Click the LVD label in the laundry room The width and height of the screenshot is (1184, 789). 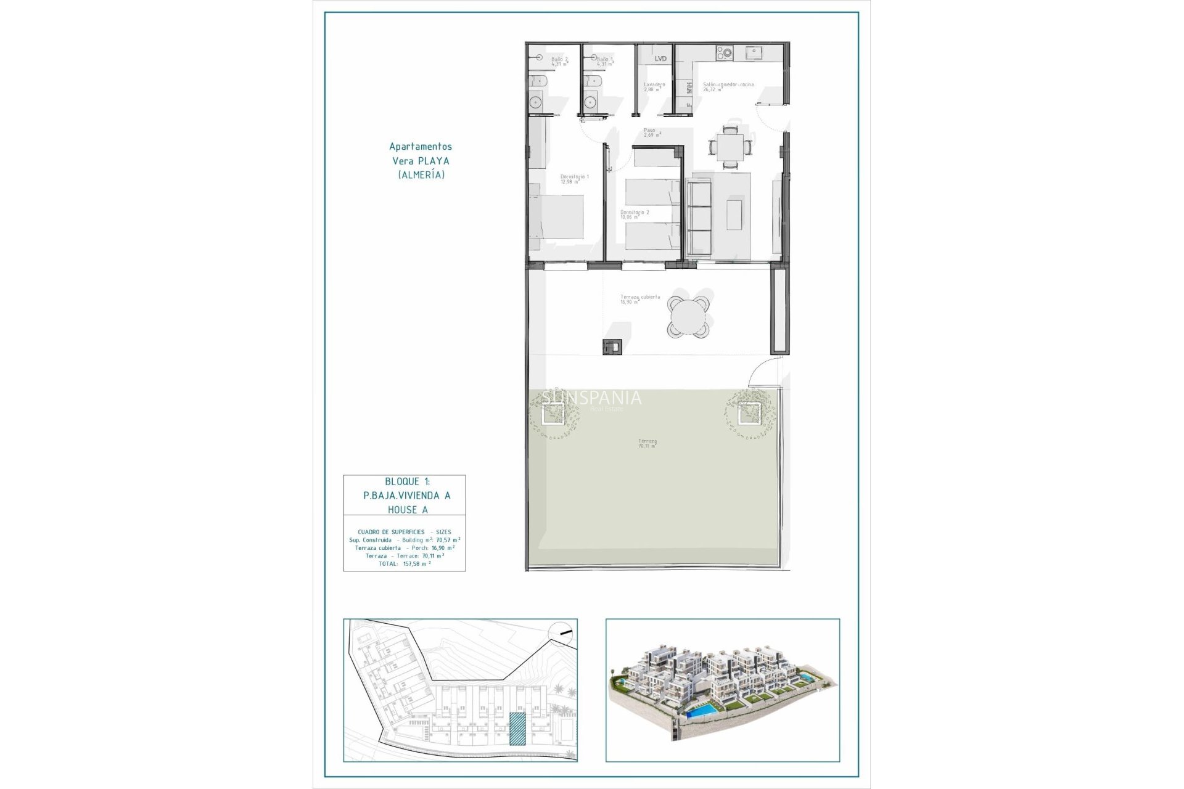pyautogui.click(x=660, y=59)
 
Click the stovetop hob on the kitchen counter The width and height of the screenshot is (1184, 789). pyautogui.click(x=724, y=54)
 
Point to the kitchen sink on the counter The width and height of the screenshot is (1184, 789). pyautogui.click(x=753, y=54)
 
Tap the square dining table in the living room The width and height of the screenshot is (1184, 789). pyautogui.click(x=730, y=148)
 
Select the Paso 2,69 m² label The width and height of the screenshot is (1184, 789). pyautogui.click(x=652, y=133)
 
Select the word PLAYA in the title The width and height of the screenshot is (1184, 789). pyautogui.click(x=434, y=161)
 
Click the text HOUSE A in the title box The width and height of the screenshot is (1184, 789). pyautogui.click(x=408, y=510)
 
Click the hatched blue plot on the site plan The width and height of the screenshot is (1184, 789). pyautogui.click(x=517, y=729)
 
